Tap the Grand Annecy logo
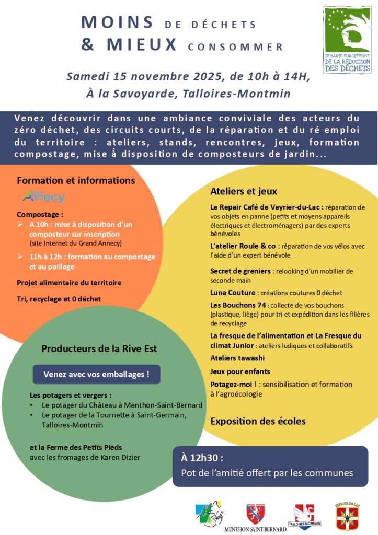coord(43,197)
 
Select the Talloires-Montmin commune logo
coord(304,515)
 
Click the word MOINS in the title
coord(117,23)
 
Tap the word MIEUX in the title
coord(142,45)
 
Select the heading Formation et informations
coord(76,180)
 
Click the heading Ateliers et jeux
coord(244,191)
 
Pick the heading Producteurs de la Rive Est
coord(99,348)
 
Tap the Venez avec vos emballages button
coord(97,374)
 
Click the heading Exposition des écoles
coord(258,421)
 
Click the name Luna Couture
coord(233,293)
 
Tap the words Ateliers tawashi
coord(237,358)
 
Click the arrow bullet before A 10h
coord(20,224)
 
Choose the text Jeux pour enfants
coord(240,371)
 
